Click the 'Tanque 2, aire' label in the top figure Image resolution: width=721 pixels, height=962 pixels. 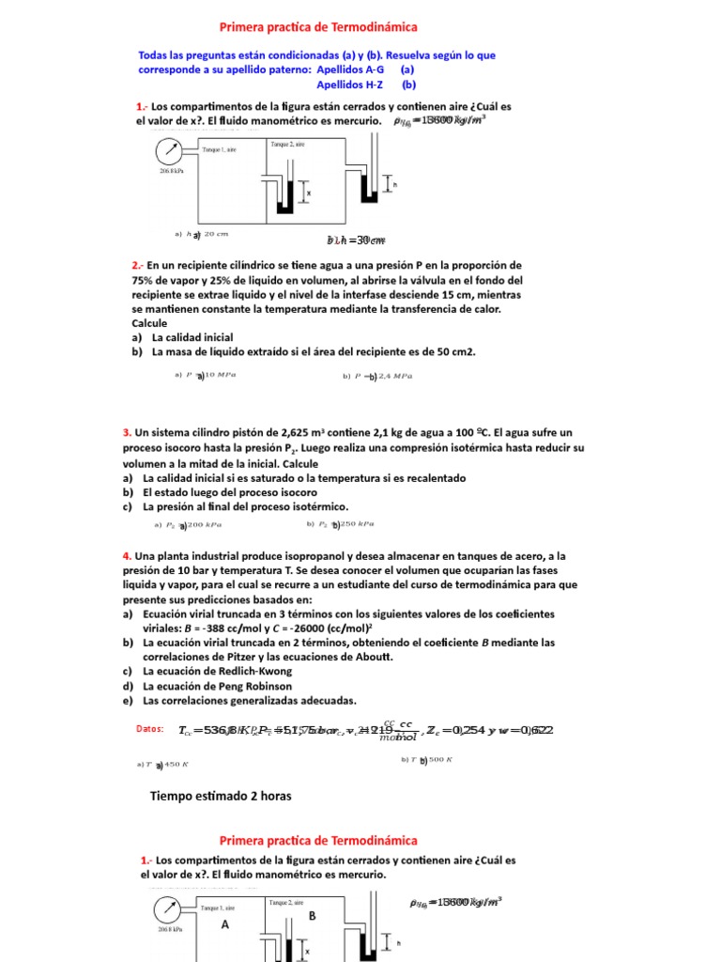pyautogui.click(x=287, y=144)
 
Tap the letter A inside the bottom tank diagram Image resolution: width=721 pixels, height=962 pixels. pyautogui.click(x=224, y=924)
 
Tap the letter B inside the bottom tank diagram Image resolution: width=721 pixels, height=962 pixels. pyautogui.click(x=312, y=914)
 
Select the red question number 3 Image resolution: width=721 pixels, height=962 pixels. pyautogui.click(x=127, y=432)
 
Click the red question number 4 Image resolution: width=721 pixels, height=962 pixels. pyautogui.click(x=127, y=556)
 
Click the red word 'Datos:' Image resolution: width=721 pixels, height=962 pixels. pyautogui.click(x=150, y=728)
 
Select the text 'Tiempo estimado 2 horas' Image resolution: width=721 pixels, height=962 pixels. pyautogui.click(x=221, y=796)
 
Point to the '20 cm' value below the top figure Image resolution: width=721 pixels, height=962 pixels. pyautogui.click(x=216, y=234)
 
